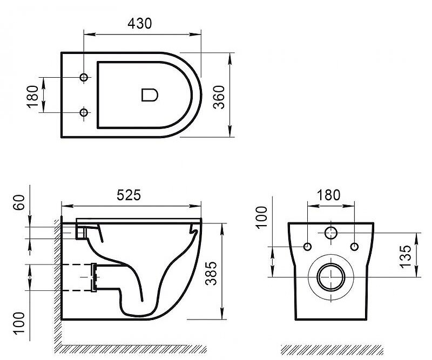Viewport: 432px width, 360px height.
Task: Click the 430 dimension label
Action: click(140, 23)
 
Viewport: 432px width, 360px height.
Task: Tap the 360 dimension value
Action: click(220, 97)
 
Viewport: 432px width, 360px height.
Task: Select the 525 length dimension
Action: click(129, 195)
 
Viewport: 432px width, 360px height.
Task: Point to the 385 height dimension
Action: click(211, 273)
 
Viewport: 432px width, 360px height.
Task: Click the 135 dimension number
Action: click(406, 256)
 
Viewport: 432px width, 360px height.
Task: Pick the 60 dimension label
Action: click(19, 202)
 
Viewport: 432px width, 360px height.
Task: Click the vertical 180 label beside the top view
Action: click(32, 97)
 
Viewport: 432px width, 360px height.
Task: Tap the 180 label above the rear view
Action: click(328, 195)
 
